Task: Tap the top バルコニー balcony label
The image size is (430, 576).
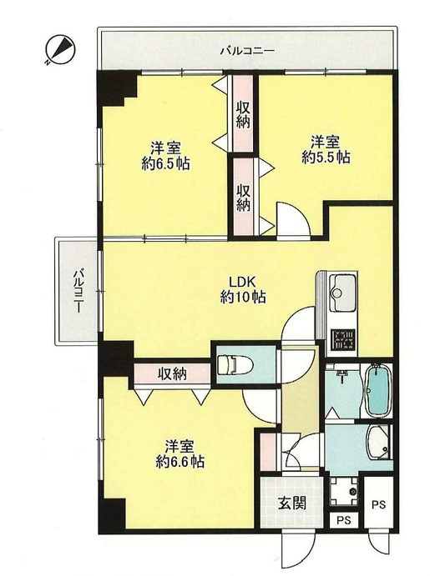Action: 247,51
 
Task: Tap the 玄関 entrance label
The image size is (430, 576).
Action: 291,503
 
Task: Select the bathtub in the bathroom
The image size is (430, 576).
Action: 377,390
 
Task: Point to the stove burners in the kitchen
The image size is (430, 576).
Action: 343,340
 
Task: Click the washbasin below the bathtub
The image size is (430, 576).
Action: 379,443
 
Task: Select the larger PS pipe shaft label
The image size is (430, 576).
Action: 378,504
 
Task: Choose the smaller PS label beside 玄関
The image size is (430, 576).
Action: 343,520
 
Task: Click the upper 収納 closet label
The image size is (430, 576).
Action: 243,114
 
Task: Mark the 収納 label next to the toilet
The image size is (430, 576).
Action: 172,374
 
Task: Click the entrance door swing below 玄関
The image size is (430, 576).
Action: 299,550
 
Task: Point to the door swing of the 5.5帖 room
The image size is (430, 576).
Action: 294,219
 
